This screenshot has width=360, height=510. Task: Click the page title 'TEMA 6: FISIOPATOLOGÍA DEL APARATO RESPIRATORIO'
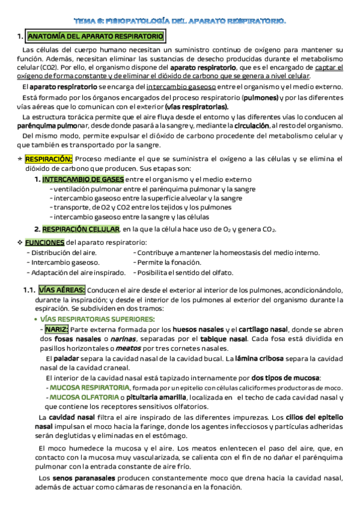180,20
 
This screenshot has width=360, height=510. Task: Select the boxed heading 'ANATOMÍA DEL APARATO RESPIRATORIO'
96,37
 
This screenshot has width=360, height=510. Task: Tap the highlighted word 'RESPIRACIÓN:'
49,159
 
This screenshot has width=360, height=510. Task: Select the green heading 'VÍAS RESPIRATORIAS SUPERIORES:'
97,319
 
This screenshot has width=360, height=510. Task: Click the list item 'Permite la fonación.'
169,262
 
